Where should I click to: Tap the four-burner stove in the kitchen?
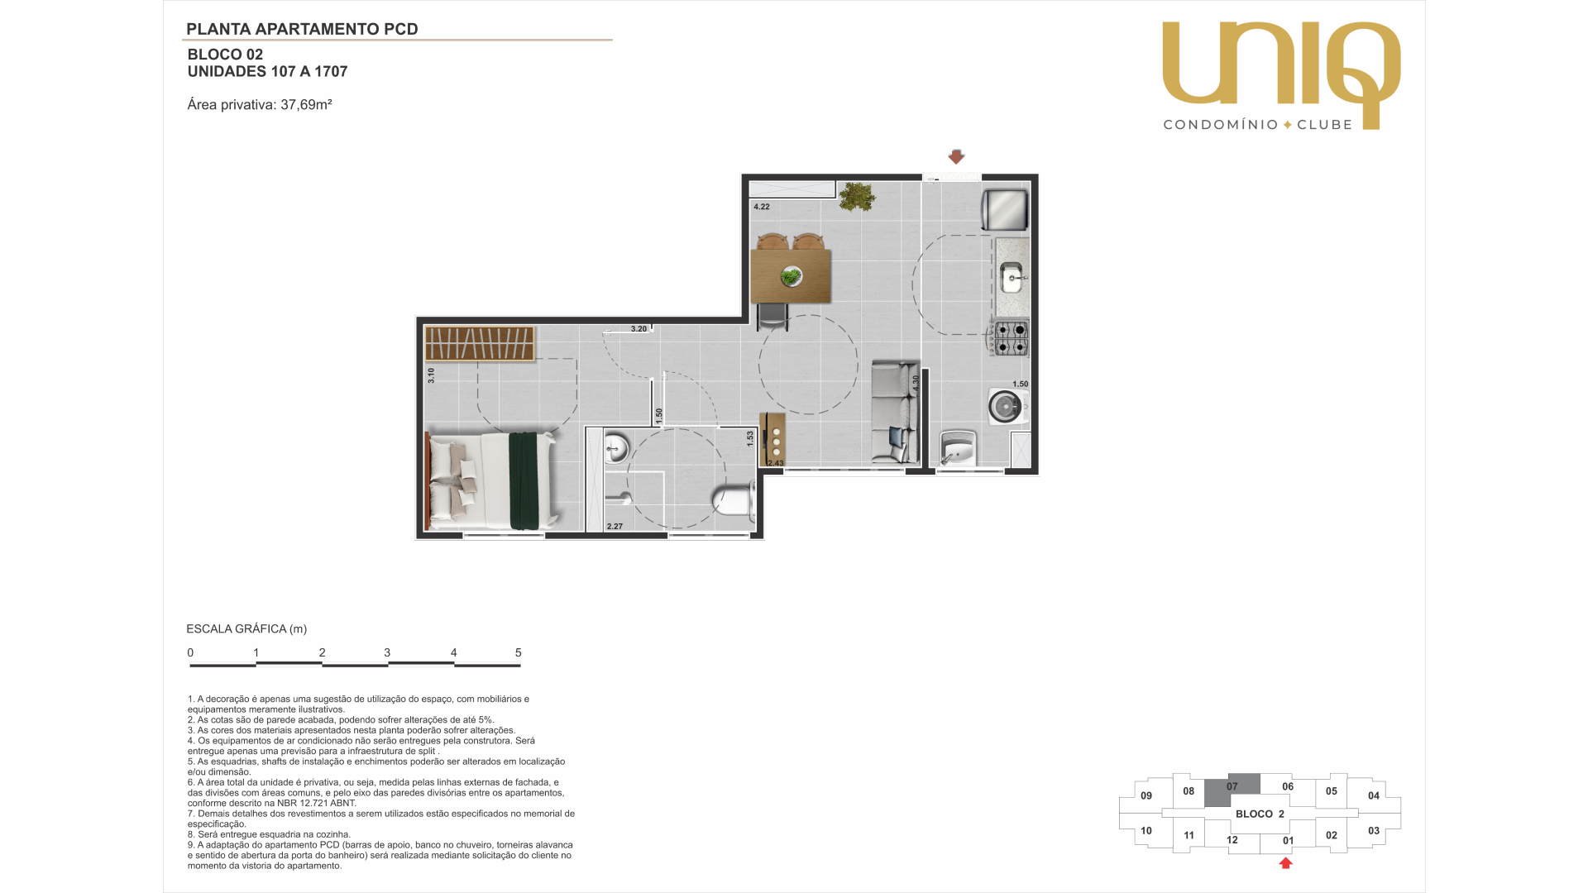[1010, 337]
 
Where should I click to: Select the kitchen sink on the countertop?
[1012, 278]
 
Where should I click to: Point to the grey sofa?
[895, 412]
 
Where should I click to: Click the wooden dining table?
[790, 276]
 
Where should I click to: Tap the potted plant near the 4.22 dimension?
[857, 197]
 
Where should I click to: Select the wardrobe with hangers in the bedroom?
[480, 343]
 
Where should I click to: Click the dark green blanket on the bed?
[524, 480]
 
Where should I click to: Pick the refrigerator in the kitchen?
[1004, 210]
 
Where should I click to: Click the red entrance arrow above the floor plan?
[956, 156]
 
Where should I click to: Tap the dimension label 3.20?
[639, 329]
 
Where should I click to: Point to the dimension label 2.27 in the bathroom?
[615, 527]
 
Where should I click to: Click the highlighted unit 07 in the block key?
[1232, 790]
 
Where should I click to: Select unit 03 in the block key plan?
[1374, 831]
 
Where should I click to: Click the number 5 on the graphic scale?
[519, 652]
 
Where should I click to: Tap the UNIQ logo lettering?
[1281, 74]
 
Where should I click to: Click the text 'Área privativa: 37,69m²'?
[260, 105]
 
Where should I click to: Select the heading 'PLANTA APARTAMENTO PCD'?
[302, 29]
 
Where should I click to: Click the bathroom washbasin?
[617, 449]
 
